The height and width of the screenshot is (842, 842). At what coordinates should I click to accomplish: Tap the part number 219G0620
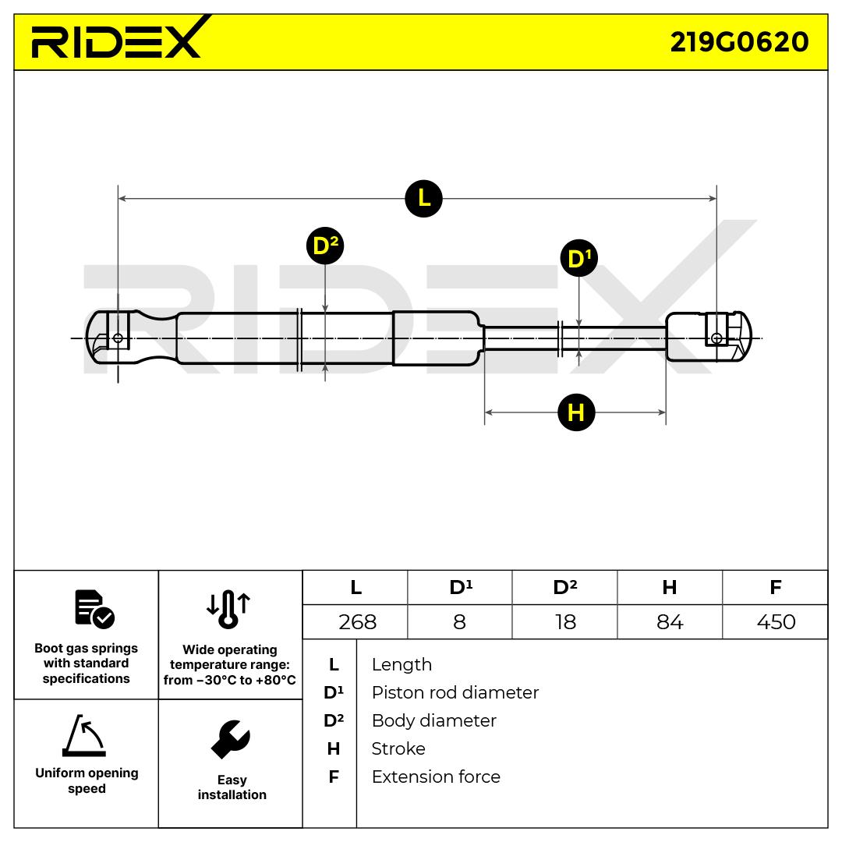[x=739, y=42]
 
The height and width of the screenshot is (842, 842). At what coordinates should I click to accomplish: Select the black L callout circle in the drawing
[x=423, y=198]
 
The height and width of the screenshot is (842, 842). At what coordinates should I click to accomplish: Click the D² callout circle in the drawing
[x=324, y=246]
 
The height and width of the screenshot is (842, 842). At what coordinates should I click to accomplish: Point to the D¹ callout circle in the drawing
[x=578, y=258]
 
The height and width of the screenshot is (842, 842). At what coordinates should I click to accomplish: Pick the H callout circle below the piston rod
[x=576, y=412]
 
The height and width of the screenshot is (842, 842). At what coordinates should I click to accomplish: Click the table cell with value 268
[x=357, y=622]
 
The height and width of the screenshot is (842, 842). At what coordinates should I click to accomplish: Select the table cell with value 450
[x=776, y=622]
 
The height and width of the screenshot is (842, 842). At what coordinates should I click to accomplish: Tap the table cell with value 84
[x=670, y=622]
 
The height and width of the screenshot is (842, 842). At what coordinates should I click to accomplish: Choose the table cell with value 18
[x=564, y=622]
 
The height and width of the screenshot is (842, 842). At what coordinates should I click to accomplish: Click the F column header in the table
[x=775, y=588]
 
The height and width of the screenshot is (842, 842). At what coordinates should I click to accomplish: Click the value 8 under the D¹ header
[x=459, y=622]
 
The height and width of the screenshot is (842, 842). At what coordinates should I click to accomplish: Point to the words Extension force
[x=436, y=777]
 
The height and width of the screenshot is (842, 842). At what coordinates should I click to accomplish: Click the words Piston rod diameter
[x=455, y=692]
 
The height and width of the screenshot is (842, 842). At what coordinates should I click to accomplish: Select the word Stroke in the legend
[x=398, y=748]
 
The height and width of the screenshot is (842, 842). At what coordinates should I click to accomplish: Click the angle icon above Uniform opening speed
[x=84, y=735]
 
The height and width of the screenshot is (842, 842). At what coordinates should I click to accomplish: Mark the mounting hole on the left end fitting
[x=118, y=338]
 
